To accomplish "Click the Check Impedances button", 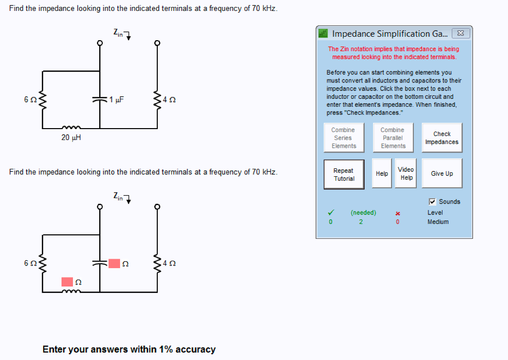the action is coord(442,138).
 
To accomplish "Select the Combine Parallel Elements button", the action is coord(393,138).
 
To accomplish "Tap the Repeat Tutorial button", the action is coord(344,174).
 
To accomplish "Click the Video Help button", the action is coord(406,173).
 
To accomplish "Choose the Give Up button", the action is coord(442,173).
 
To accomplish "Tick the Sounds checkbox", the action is coord(432,202).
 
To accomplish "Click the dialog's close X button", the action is coord(461,33).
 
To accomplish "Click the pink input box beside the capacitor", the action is coord(114,263).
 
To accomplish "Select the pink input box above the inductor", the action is coord(67,282).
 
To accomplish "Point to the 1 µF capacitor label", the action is coord(117,100).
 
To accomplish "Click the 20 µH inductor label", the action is coord(71,138).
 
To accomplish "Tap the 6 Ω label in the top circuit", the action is coord(30,100).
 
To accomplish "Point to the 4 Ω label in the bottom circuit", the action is coord(169,263).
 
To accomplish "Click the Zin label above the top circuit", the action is coord(118,32).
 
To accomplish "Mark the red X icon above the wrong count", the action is coord(398,214).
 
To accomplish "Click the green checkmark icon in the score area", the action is coord(331,213).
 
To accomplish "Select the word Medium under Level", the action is coord(438,222).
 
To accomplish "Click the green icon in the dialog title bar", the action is coord(323,33).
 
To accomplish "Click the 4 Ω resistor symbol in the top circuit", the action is coord(157,100).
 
